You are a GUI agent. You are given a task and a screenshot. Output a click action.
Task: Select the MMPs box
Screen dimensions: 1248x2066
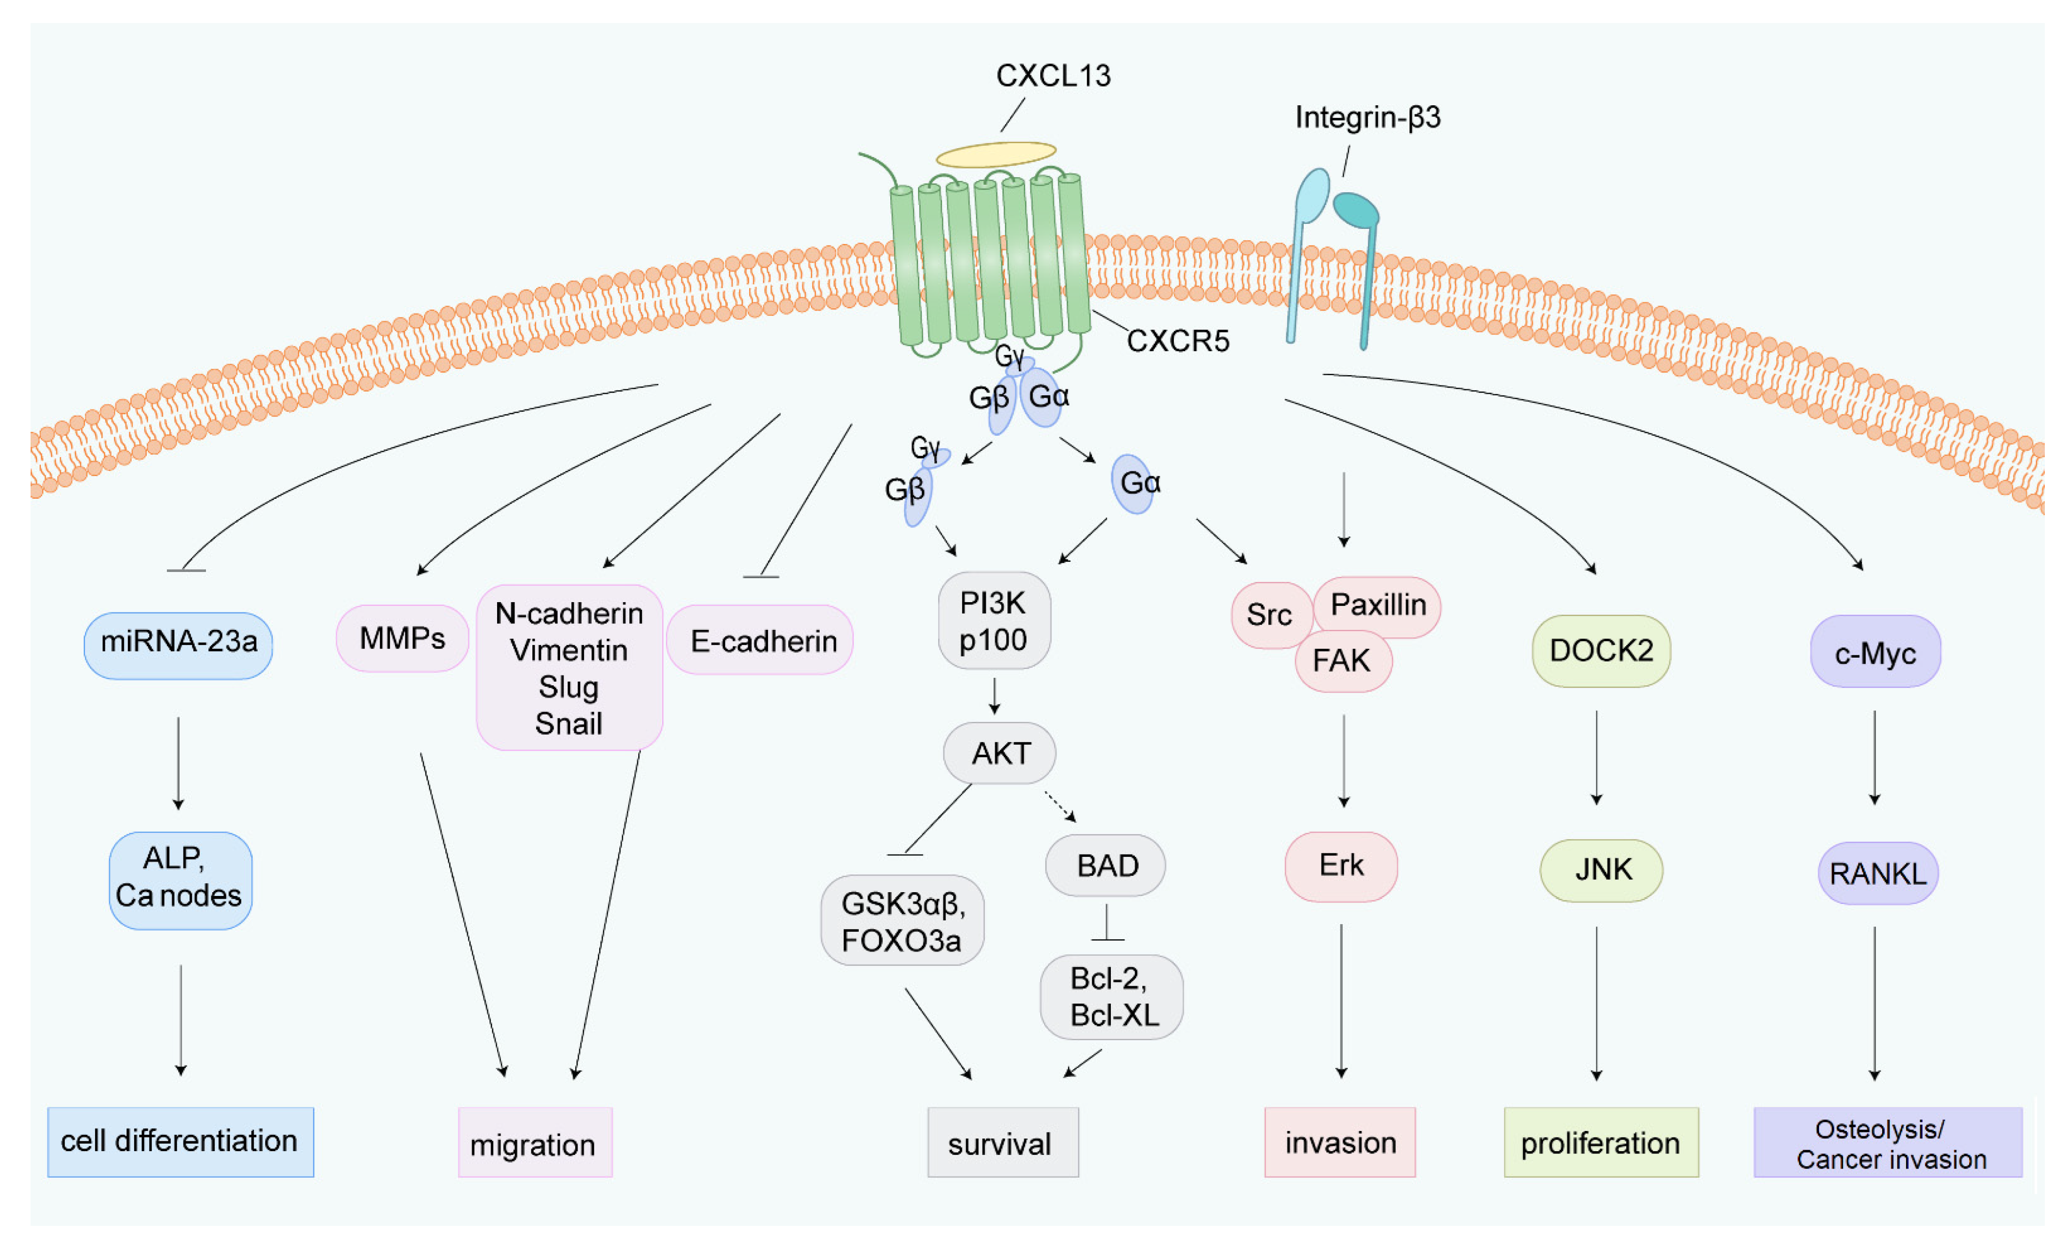tap(403, 639)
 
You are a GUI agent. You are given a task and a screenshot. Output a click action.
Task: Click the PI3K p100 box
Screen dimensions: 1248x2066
tap(994, 621)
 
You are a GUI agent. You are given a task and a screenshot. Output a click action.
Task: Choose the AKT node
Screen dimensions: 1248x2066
tap(999, 754)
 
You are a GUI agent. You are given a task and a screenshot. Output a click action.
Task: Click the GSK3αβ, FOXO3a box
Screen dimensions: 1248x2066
tap(902, 921)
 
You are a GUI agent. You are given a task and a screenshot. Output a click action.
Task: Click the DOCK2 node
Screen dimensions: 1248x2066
tap(1601, 651)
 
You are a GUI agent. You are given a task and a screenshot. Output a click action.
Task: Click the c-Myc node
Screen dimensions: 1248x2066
tap(1875, 652)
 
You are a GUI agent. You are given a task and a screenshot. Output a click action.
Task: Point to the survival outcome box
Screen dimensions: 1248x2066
tap(1003, 1143)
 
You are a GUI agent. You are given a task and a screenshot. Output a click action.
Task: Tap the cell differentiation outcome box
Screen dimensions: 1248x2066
tap(180, 1142)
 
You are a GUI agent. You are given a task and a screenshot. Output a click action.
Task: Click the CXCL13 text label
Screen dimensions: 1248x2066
tap(1053, 75)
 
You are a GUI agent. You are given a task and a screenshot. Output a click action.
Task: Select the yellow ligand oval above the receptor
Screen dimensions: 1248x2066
tap(996, 154)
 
